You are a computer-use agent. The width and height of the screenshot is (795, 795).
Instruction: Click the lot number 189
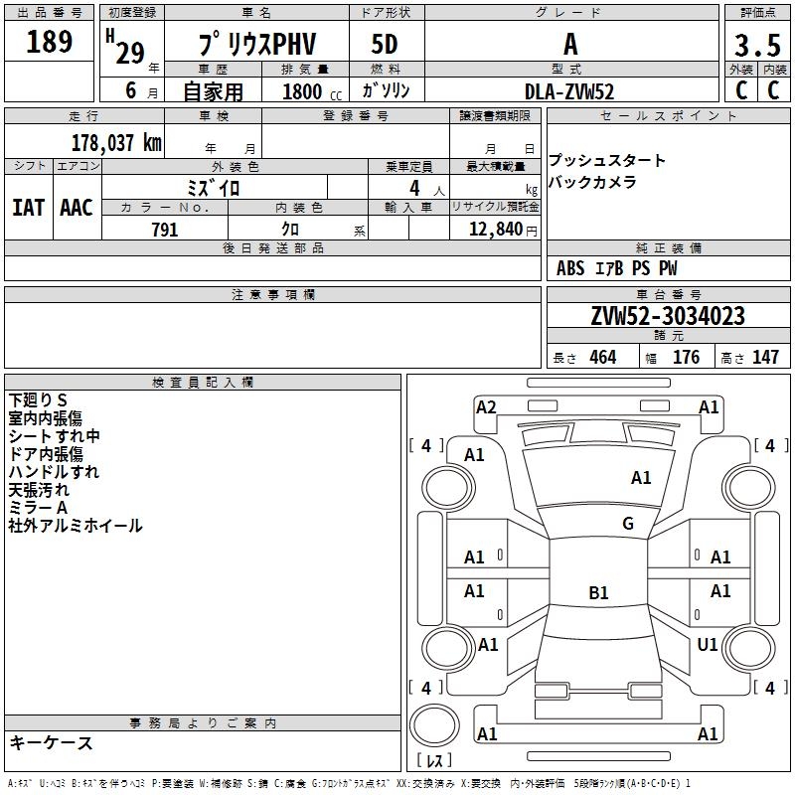point(50,42)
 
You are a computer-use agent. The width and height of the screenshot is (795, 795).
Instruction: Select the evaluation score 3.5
point(756,46)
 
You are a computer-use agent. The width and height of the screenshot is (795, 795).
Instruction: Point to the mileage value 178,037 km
point(115,142)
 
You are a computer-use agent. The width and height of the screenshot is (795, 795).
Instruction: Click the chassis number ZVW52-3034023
point(667,317)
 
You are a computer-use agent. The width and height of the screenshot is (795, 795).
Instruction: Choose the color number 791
point(164,230)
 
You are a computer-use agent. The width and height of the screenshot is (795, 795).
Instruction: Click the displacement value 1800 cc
point(309,91)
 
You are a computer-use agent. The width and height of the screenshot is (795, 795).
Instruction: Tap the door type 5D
point(385,45)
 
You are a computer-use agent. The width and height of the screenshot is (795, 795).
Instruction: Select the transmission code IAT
point(28,208)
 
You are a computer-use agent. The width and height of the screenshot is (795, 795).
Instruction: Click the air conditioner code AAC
point(76,208)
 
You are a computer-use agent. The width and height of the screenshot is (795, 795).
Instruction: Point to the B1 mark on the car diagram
point(598,593)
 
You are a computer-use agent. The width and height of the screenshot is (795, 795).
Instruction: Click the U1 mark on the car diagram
point(708,645)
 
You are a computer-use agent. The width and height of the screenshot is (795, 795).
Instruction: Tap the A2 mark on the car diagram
point(486,406)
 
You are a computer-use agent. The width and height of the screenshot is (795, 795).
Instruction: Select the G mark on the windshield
point(628,524)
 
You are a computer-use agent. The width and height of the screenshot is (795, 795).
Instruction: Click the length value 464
point(602,358)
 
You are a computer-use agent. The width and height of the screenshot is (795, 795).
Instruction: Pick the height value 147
point(765,358)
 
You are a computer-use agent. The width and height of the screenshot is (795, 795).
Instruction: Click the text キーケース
point(51,742)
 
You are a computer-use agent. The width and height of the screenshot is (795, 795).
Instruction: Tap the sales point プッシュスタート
point(607,161)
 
